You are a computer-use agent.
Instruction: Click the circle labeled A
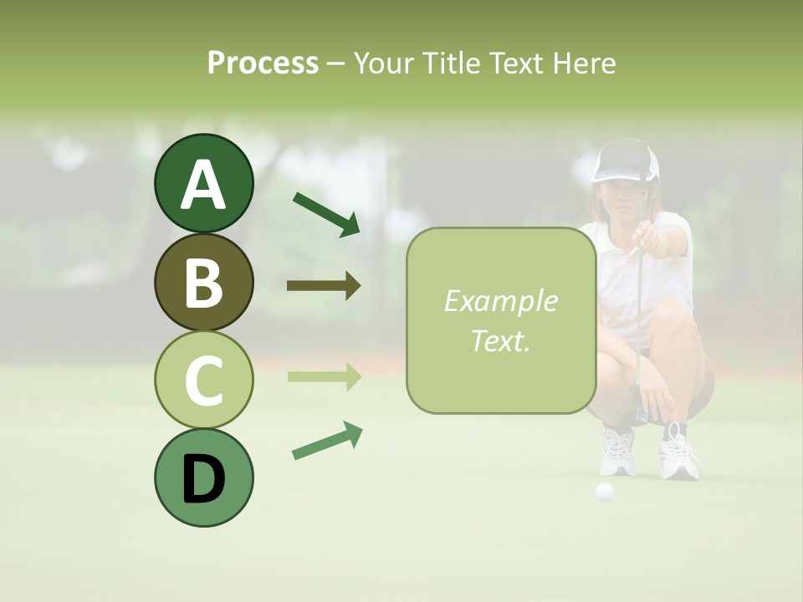point(203,183)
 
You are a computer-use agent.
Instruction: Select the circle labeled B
point(203,282)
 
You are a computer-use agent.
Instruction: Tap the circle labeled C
point(203,380)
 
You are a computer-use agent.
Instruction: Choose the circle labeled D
point(203,477)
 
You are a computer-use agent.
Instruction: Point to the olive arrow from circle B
point(324,286)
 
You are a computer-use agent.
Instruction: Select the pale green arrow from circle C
point(324,377)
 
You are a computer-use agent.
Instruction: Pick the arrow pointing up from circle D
point(327,441)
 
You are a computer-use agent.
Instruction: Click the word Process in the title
point(263,63)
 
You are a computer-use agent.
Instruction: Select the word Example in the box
point(500,301)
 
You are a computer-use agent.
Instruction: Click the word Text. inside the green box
point(500,340)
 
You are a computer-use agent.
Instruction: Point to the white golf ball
point(604,492)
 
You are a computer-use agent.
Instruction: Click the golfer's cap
point(625,162)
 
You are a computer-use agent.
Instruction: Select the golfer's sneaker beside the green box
point(616,451)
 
